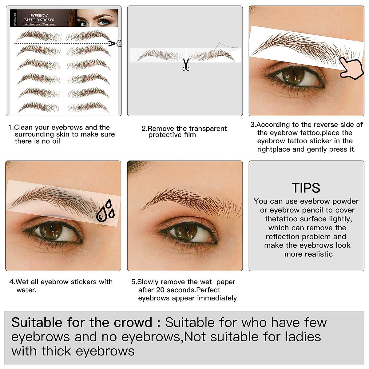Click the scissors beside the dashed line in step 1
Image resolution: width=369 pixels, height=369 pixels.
115,43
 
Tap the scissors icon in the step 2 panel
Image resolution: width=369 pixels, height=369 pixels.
186,65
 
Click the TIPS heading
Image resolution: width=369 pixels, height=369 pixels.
306,188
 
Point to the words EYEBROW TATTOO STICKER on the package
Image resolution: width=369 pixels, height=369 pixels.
39,18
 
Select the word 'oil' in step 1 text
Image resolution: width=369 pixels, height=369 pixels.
55,141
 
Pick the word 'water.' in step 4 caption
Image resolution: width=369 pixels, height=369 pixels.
26,290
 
